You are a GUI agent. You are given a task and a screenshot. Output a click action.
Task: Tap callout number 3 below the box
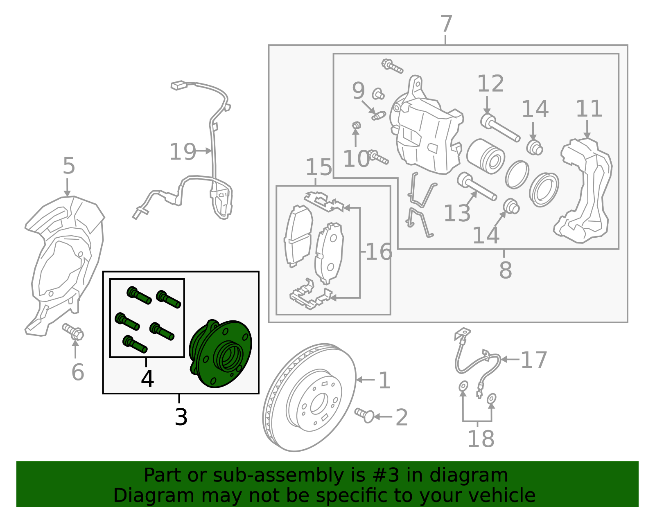(181, 417)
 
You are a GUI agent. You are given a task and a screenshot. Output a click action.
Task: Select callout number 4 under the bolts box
(147, 379)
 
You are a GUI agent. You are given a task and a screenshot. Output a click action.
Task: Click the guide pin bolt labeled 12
(499, 128)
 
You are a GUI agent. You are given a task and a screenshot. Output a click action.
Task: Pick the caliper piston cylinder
(485, 155)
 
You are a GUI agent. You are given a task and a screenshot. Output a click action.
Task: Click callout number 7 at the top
(446, 25)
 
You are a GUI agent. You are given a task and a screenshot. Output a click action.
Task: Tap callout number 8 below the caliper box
(505, 270)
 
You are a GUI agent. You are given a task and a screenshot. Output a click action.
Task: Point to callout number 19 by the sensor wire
(183, 152)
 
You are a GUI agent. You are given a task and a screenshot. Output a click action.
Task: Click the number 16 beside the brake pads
(379, 252)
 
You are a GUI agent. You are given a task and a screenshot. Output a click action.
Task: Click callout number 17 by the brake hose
(534, 360)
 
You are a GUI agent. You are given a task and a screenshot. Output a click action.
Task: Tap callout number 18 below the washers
(481, 439)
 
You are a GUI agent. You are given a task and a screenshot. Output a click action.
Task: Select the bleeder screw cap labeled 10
(356, 124)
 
